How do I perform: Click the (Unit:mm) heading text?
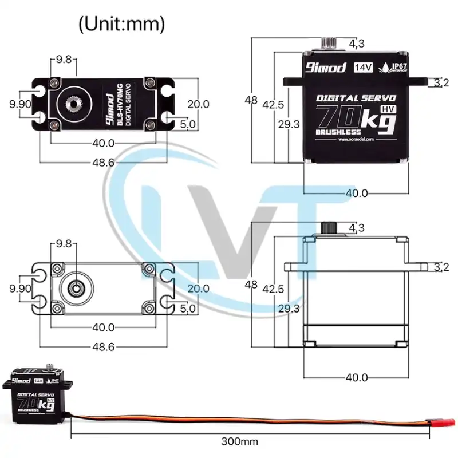coord(121,24)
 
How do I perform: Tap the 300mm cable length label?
coord(239,441)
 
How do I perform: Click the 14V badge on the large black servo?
coord(364,67)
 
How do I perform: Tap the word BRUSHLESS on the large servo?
coord(334,131)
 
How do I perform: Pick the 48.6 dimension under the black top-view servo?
coord(103,163)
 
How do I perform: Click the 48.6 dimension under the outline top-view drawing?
coord(103,346)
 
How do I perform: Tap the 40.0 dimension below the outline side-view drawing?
coord(356,377)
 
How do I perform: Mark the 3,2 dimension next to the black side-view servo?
coord(441,83)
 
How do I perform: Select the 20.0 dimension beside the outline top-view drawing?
coord(198,289)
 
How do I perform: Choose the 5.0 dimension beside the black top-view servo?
coord(188,124)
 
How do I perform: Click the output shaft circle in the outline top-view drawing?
coord(75,288)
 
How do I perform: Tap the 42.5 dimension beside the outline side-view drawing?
coord(273,289)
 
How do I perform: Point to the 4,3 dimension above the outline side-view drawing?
coord(357,227)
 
